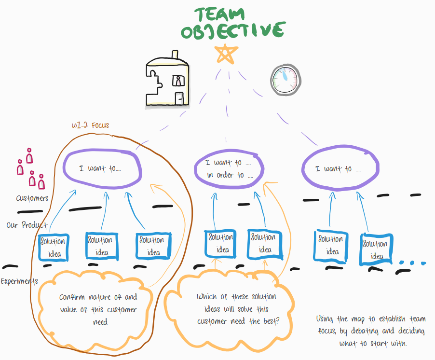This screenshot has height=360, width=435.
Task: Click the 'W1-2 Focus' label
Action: tap(90, 125)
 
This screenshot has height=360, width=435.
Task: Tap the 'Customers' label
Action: tap(32, 198)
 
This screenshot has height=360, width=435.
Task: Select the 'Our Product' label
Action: tap(27, 225)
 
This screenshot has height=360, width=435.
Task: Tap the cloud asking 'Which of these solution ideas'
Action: tap(236, 309)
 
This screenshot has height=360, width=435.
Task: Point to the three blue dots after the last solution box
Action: tap(413, 263)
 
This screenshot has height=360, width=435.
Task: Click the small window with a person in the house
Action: tap(178, 80)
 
